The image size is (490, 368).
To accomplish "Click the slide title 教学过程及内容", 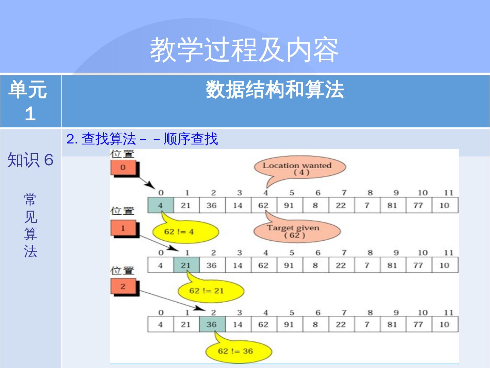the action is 244,50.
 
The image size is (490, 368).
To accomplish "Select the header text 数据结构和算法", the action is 275,90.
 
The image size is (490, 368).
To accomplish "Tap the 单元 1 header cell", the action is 30,101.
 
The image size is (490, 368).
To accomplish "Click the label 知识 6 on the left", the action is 30,160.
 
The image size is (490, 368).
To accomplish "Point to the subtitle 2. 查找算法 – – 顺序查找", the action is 142,139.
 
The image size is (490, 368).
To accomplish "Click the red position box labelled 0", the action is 123,168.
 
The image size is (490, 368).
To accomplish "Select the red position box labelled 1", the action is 123,228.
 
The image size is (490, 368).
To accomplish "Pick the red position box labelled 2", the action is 123,287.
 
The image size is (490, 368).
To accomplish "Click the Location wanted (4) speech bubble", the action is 299,168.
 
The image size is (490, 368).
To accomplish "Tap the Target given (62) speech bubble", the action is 296,231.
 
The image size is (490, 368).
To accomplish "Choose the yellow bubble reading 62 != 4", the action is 185,232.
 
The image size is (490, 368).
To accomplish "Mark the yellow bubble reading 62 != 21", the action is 211,291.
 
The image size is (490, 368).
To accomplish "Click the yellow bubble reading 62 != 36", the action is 238,351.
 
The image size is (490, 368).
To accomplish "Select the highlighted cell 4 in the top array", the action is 160,205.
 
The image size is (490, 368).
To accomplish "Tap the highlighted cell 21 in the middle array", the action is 186,265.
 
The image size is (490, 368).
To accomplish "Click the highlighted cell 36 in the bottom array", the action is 212,324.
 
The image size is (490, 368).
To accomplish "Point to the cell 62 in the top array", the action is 263,205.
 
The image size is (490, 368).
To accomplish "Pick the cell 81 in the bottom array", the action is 392,324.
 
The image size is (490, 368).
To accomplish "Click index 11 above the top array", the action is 448,193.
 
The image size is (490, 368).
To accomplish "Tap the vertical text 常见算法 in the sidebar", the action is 30,225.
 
